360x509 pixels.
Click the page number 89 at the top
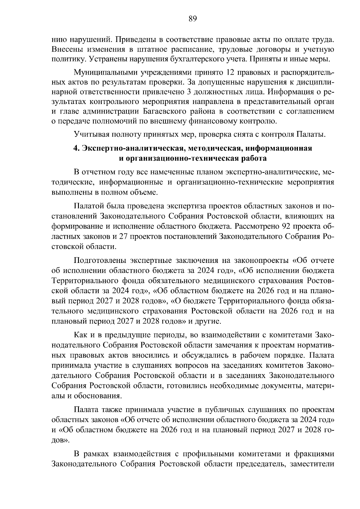tap(193, 19)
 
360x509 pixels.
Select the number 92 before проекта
tap(288, 226)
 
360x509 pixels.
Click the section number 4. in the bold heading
tap(77, 148)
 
